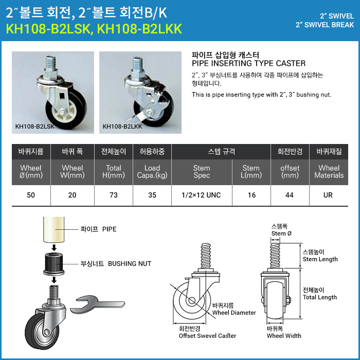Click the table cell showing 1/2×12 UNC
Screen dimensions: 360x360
pyautogui.click(x=201, y=195)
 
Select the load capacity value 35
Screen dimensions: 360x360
pyautogui.click(x=152, y=195)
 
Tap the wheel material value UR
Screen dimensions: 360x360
pyautogui.click(x=328, y=195)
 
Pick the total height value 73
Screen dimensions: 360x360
pyautogui.click(x=114, y=195)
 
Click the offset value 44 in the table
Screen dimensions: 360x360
pyautogui.click(x=290, y=195)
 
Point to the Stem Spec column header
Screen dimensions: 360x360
pyautogui.click(x=202, y=172)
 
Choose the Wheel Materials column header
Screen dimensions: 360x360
pyautogui.click(x=329, y=172)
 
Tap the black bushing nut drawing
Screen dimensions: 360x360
pyautogui.click(x=54, y=264)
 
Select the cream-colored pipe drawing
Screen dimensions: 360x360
pyautogui.click(x=54, y=229)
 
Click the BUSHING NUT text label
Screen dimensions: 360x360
pyautogui.click(x=130, y=263)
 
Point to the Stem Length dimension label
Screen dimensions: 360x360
pyautogui.click(x=320, y=259)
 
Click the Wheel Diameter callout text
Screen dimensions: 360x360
pyautogui.click(x=234, y=313)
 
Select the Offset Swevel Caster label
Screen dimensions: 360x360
pyautogui.click(x=207, y=336)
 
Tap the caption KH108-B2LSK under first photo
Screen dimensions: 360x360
pyautogui.click(x=34, y=127)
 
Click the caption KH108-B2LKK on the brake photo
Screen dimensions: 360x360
pyautogui.click(x=122, y=127)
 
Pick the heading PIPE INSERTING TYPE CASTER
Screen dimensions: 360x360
pyautogui.click(x=248, y=63)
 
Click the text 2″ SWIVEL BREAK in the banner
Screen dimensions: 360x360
pyautogui.click(x=325, y=25)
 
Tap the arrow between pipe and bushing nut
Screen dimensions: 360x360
pyautogui.click(x=54, y=248)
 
